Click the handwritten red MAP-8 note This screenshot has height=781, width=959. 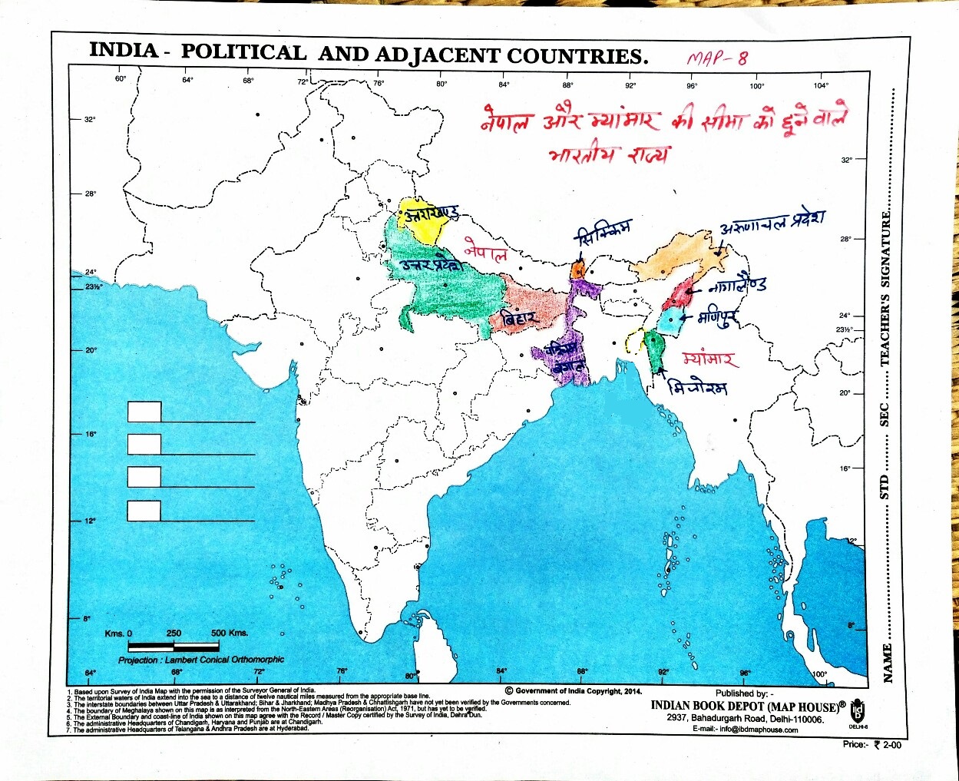(x=716, y=59)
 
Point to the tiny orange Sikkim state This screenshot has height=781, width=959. (x=578, y=270)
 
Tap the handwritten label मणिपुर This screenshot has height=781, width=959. (x=718, y=316)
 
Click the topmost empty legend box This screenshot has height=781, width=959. (x=144, y=412)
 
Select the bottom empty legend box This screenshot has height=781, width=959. (x=144, y=511)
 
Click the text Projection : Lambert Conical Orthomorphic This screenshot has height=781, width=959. (x=201, y=660)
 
